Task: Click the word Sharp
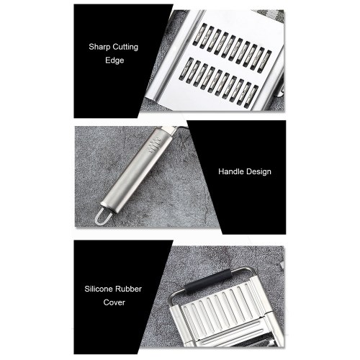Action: click(99, 47)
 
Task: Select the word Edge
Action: click(114, 60)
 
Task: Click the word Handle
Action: click(230, 171)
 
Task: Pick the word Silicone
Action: click(98, 289)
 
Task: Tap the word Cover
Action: click(114, 302)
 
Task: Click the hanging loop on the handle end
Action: click(103, 217)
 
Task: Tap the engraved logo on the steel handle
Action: click(155, 144)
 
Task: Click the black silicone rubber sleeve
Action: click(208, 282)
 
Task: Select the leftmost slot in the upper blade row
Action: click(199, 34)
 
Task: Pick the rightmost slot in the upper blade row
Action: click(265, 61)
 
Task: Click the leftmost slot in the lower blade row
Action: click(186, 68)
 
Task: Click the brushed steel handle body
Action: click(138, 170)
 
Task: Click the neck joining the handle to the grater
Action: click(174, 130)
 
